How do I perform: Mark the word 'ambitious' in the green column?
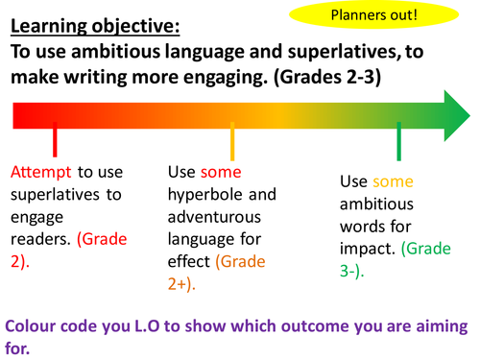[x=376, y=205]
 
